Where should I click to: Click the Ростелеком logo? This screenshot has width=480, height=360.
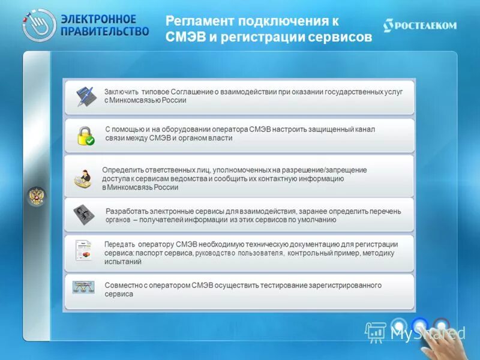420,25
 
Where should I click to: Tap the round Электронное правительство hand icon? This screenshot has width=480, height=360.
39,25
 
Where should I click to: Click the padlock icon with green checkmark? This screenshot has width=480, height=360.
85,136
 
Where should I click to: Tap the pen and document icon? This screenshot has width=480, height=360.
85,97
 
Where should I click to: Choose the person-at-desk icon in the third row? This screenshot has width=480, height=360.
83,178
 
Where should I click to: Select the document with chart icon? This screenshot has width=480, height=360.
83,251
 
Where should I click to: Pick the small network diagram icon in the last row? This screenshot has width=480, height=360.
83,287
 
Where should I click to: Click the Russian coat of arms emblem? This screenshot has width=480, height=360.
36,196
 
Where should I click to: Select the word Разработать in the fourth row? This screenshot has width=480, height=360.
128,211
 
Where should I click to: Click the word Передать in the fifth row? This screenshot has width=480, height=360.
121,244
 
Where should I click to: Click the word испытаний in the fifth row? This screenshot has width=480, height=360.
122,262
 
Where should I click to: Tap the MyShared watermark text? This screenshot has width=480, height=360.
428,333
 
